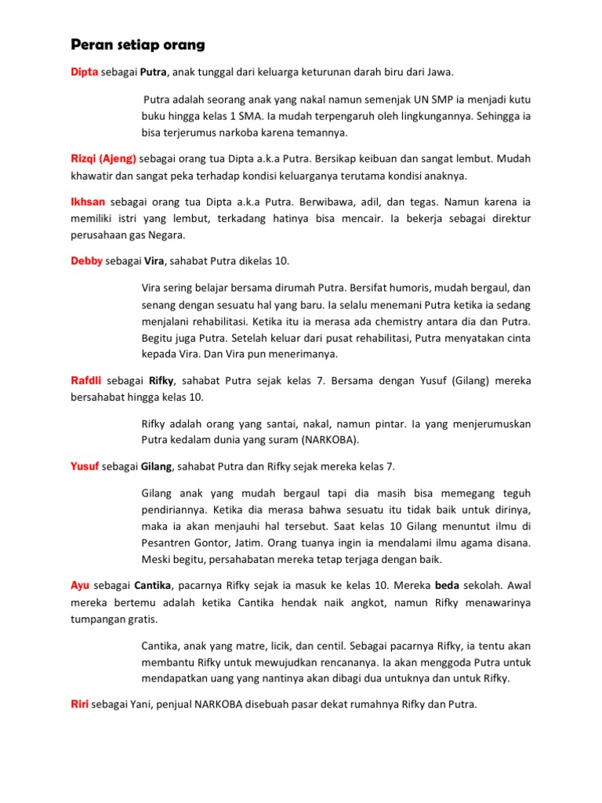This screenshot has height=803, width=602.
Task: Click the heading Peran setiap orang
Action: click(138, 45)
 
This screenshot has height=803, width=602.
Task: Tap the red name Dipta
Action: click(85, 72)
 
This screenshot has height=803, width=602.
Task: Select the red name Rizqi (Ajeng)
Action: click(103, 158)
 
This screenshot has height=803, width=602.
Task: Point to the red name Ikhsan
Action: click(88, 202)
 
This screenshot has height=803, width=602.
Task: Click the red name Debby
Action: click(86, 260)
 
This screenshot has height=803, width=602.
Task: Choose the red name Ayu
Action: click(80, 586)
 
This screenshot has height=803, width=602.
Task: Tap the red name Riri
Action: click(79, 705)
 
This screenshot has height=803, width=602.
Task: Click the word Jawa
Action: click(440, 72)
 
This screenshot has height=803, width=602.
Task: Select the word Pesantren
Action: click(169, 543)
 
